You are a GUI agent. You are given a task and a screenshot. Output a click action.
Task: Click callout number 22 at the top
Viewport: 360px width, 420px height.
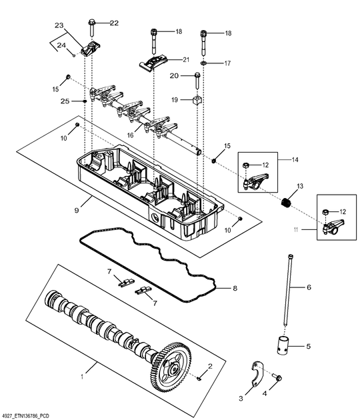point(114,23)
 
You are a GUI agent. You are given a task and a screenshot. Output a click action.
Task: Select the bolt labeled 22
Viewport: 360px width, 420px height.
point(91,29)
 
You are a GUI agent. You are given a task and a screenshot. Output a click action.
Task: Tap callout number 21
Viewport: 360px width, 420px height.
point(186,59)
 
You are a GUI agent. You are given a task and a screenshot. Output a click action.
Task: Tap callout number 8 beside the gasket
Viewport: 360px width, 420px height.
point(235,289)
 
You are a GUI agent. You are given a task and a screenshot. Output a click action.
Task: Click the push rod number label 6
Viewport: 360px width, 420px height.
point(309,287)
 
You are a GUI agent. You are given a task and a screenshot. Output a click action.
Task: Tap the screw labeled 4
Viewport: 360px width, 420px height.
point(279,378)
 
